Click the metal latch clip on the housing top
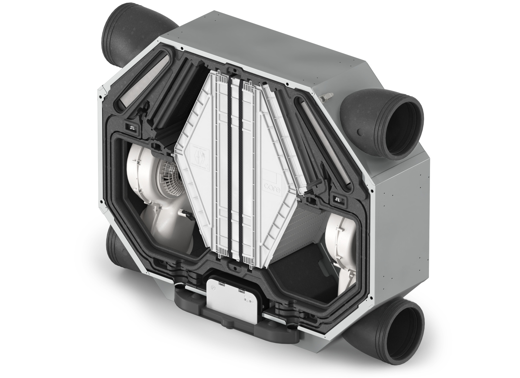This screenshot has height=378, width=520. [326, 97]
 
